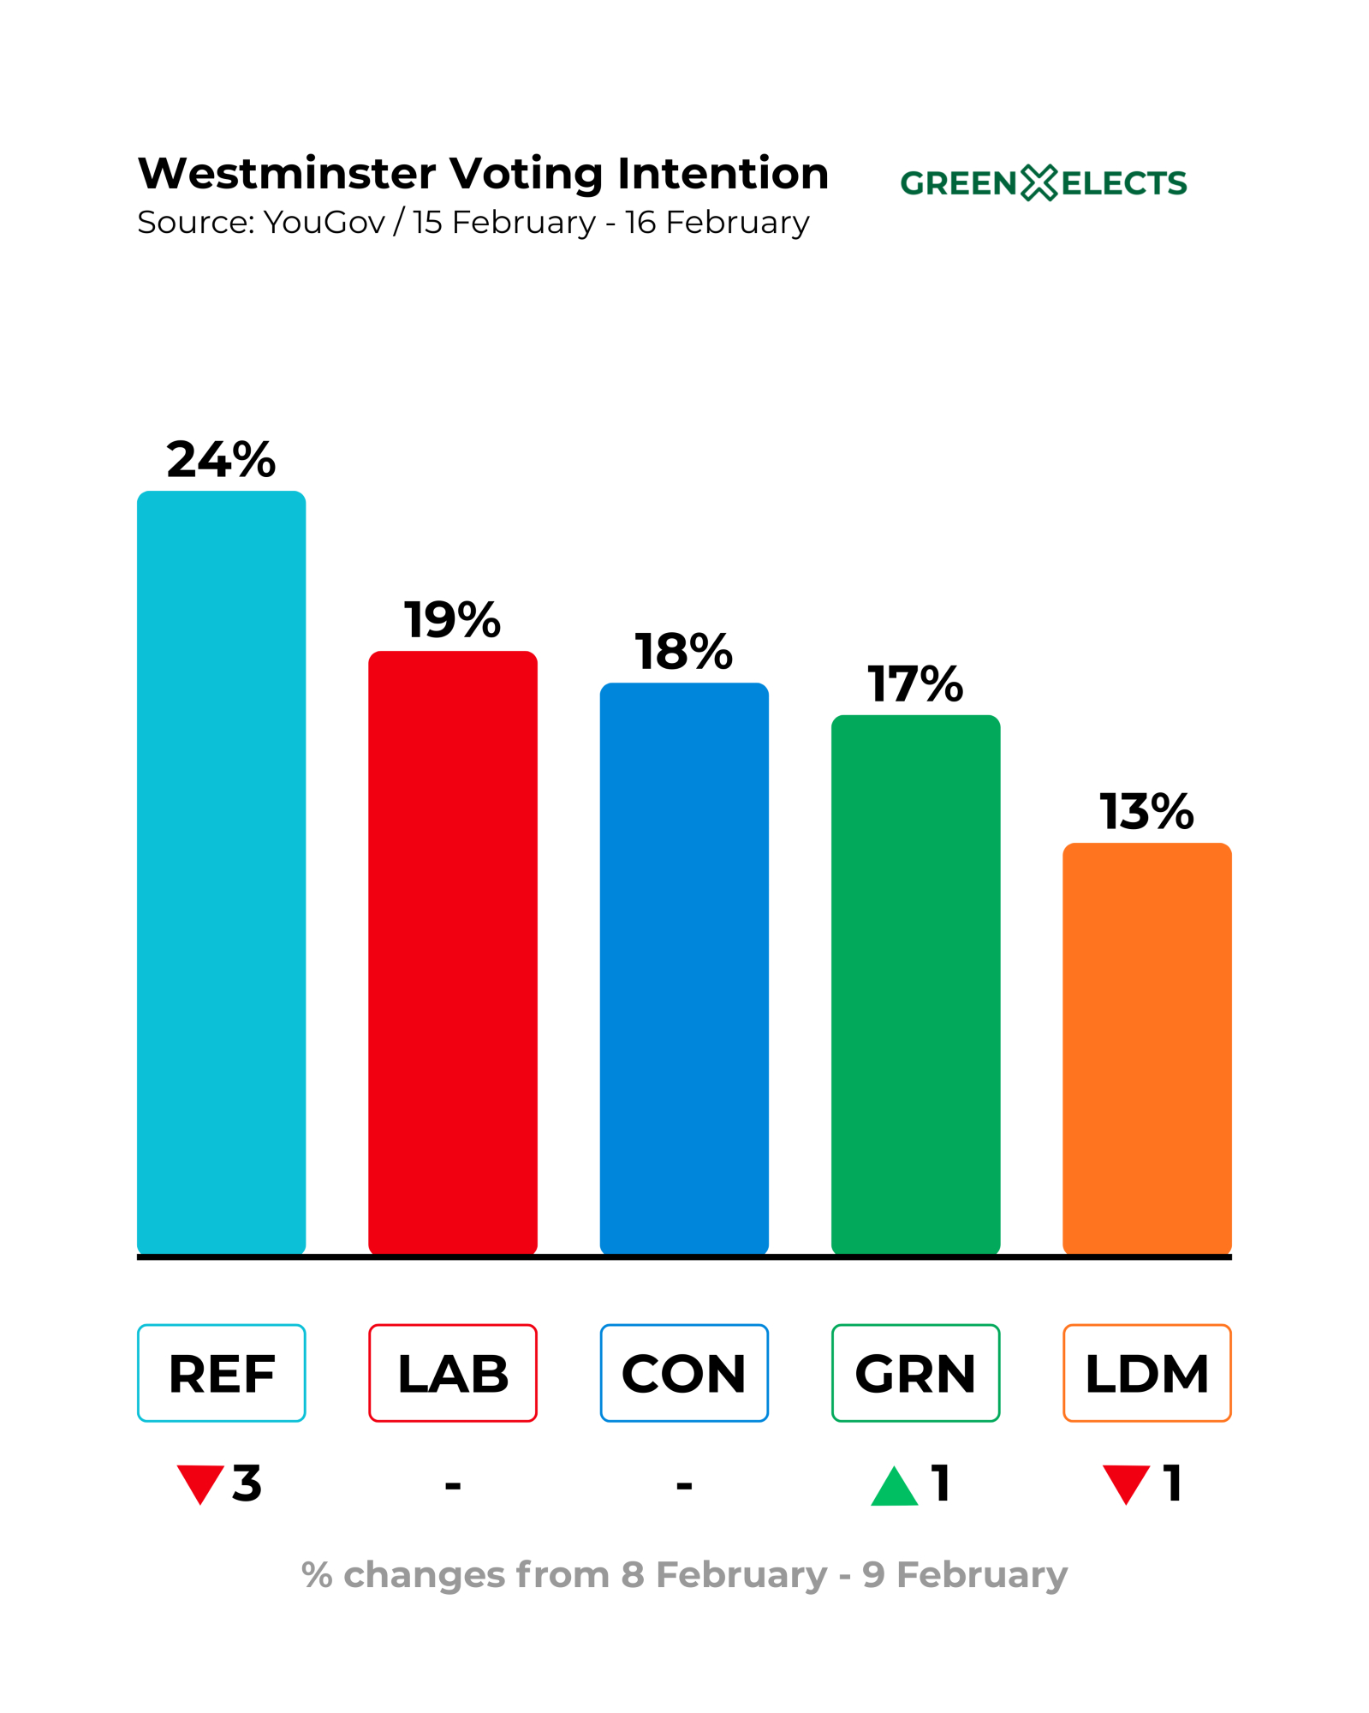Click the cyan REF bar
click(x=221, y=872)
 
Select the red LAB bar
click(x=452, y=952)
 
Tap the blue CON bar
click(x=683, y=968)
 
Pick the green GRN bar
click(x=915, y=984)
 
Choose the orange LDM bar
click(x=1146, y=1047)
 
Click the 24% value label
click(x=221, y=460)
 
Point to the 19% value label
click(x=452, y=620)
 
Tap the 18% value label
click(x=683, y=652)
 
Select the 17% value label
click(x=915, y=684)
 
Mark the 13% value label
click(x=1146, y=811)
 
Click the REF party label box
click(x=221, y=1374)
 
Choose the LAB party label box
click(x=452, y=1374)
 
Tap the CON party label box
click(x=683, y=1374)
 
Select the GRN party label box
click(x=915, y=1374)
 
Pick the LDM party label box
click(x=1146, y=1374)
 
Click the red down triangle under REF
click(x=199, y=1483)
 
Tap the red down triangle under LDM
click(x=1125, y=1483)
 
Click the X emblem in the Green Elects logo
click(x=1039, y=183)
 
